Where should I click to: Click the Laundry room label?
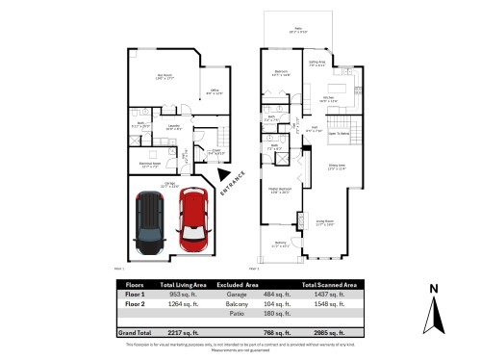tap(174, 126)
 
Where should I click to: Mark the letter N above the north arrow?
tap(435, 288)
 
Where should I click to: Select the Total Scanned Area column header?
tap(331, 285)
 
